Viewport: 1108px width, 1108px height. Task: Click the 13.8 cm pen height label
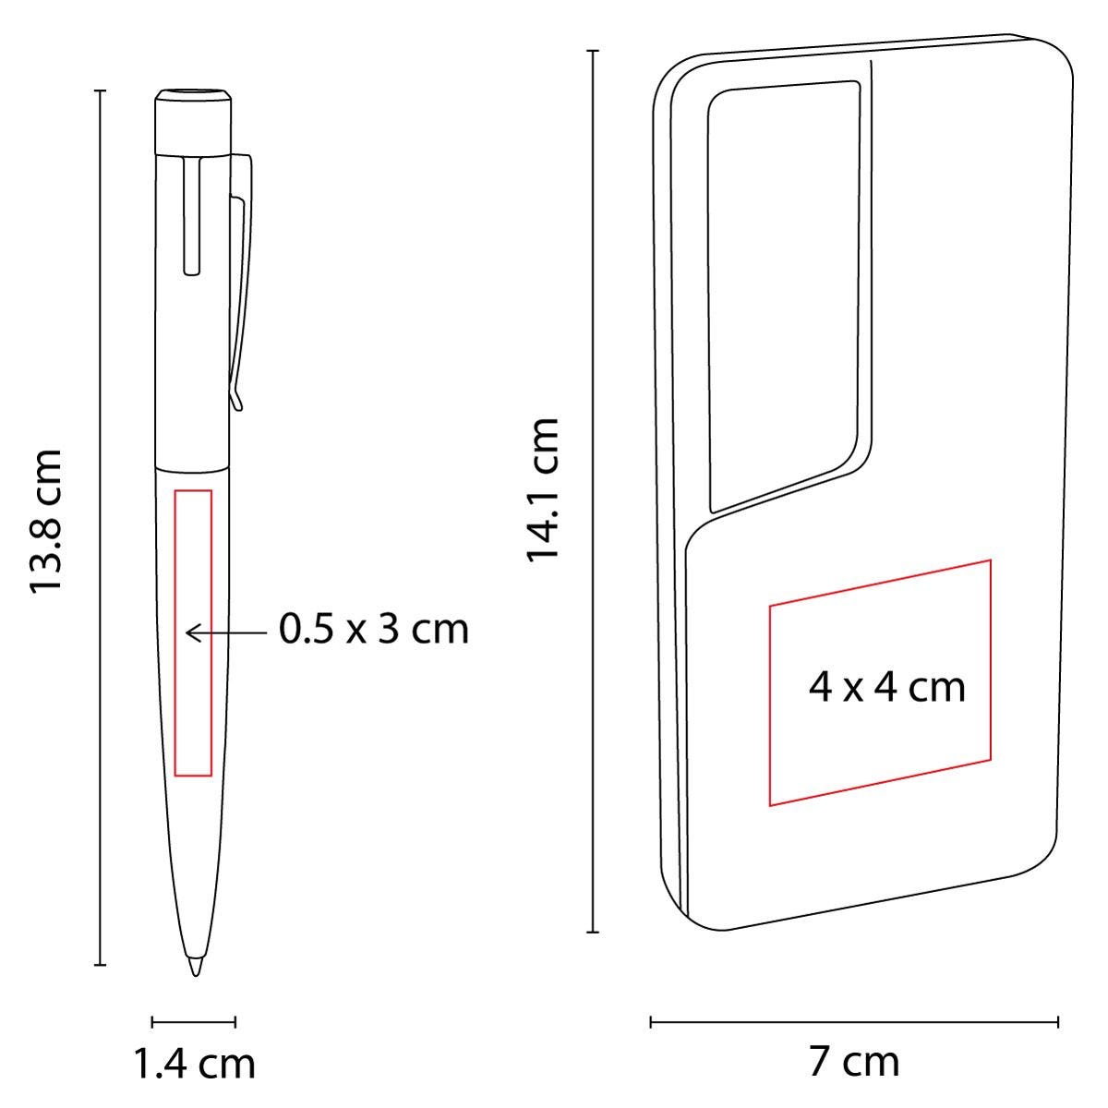[x=45, y=522]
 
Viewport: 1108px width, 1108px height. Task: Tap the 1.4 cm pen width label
[x=194, y=1065]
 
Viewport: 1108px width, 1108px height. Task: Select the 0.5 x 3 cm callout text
[x=374, y=629]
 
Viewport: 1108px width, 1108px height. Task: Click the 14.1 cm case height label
[x=542, y=489]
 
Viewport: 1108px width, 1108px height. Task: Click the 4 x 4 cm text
[x=886, y=687]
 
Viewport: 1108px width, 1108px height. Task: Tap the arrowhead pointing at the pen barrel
[x=192, y=633]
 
